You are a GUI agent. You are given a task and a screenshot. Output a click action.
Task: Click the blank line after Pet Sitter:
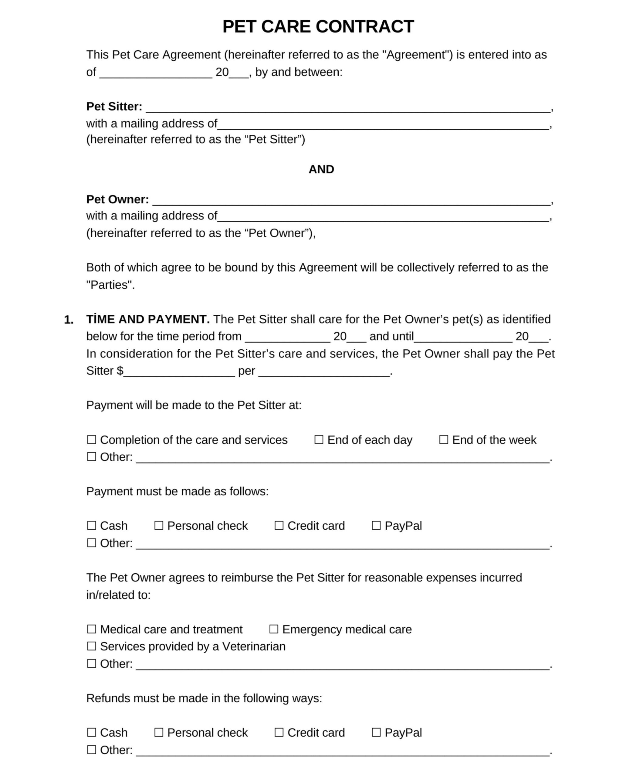click(348, 108)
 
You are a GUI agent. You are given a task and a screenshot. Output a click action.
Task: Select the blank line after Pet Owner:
click(351, 201)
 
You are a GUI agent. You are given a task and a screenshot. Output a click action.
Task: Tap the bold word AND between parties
click(321, 169)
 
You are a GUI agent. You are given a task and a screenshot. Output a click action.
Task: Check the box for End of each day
click(319, 439)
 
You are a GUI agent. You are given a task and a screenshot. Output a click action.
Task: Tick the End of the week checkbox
click(443, 439)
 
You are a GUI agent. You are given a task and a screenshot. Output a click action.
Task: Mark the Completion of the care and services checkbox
click(91, 439)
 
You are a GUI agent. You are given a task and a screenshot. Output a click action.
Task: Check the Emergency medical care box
click(273, 629)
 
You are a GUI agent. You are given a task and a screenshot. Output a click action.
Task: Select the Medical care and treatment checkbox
click(91, 629)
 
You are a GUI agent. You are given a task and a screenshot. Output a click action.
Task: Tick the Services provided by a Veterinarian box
click(91, 646)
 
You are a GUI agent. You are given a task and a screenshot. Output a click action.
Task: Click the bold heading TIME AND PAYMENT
click(147, 319)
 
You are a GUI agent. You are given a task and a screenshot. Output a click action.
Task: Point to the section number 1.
click(69, 320)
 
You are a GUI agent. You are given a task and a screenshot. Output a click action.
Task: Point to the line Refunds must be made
click(204, 698)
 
